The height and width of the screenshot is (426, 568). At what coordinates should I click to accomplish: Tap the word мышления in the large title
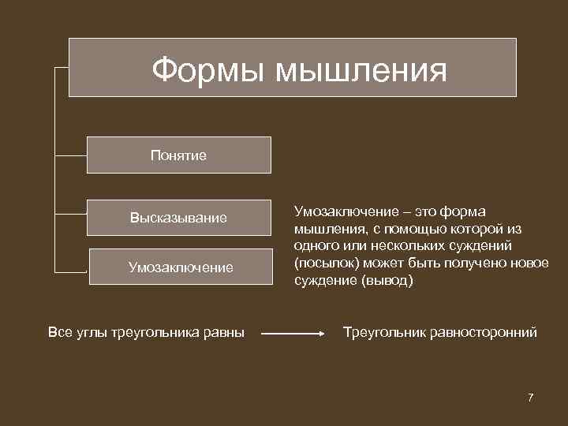click(361, 69)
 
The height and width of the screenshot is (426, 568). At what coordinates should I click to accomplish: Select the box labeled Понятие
click(178, 155)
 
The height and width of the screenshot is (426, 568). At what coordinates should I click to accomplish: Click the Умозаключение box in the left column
click(181, 267)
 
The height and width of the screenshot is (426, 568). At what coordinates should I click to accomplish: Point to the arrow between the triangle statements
click(293, 334)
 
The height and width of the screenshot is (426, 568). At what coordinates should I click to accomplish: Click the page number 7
click(531, 397)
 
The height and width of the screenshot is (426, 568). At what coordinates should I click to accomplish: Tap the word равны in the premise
click(225, 332)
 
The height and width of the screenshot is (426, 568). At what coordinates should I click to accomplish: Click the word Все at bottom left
click(59, 332)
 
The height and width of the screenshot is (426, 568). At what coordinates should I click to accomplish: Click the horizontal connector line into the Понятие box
click(71, 155)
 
